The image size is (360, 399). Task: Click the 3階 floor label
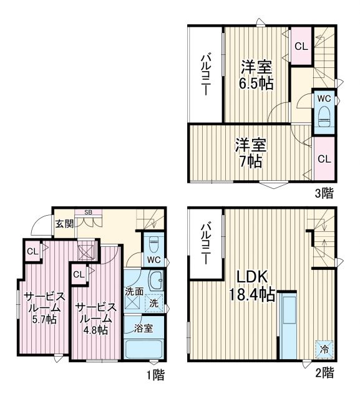[324, 193]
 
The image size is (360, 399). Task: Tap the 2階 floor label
[324, 373]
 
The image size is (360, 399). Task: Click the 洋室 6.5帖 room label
[256, 75]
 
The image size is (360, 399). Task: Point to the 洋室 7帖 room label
[250, 153]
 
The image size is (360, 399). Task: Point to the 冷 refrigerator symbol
[324, 349]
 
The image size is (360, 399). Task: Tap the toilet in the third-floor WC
[324, 117]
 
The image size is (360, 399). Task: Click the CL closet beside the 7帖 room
[324, 158]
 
